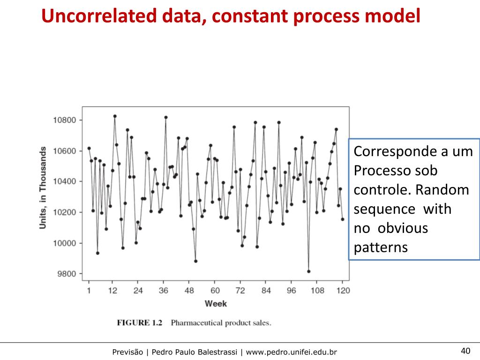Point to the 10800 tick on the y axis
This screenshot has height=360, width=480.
tap(64, 120)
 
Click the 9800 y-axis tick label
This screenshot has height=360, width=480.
tap(66, 274)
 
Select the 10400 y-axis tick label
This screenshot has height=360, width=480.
tap(64, 181)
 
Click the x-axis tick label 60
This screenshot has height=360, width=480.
tap(215, 291)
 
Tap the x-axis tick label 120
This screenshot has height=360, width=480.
tap(343, 291)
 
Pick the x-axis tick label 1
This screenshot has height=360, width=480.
tap(89, 291)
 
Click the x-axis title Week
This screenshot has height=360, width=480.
tap(216, 304)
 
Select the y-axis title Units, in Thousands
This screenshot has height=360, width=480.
tap(43, 188)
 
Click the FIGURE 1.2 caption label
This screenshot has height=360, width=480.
tap(139, 323)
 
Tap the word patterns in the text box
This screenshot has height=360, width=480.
tap(381, 247)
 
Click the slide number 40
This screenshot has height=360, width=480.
tap(465, 351)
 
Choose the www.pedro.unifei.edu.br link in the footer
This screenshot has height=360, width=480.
tap(291, 352)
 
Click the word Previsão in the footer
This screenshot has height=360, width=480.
tap(127, 352)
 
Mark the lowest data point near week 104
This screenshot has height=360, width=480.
tap(308, 271)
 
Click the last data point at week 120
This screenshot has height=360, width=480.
tap(342, 219)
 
